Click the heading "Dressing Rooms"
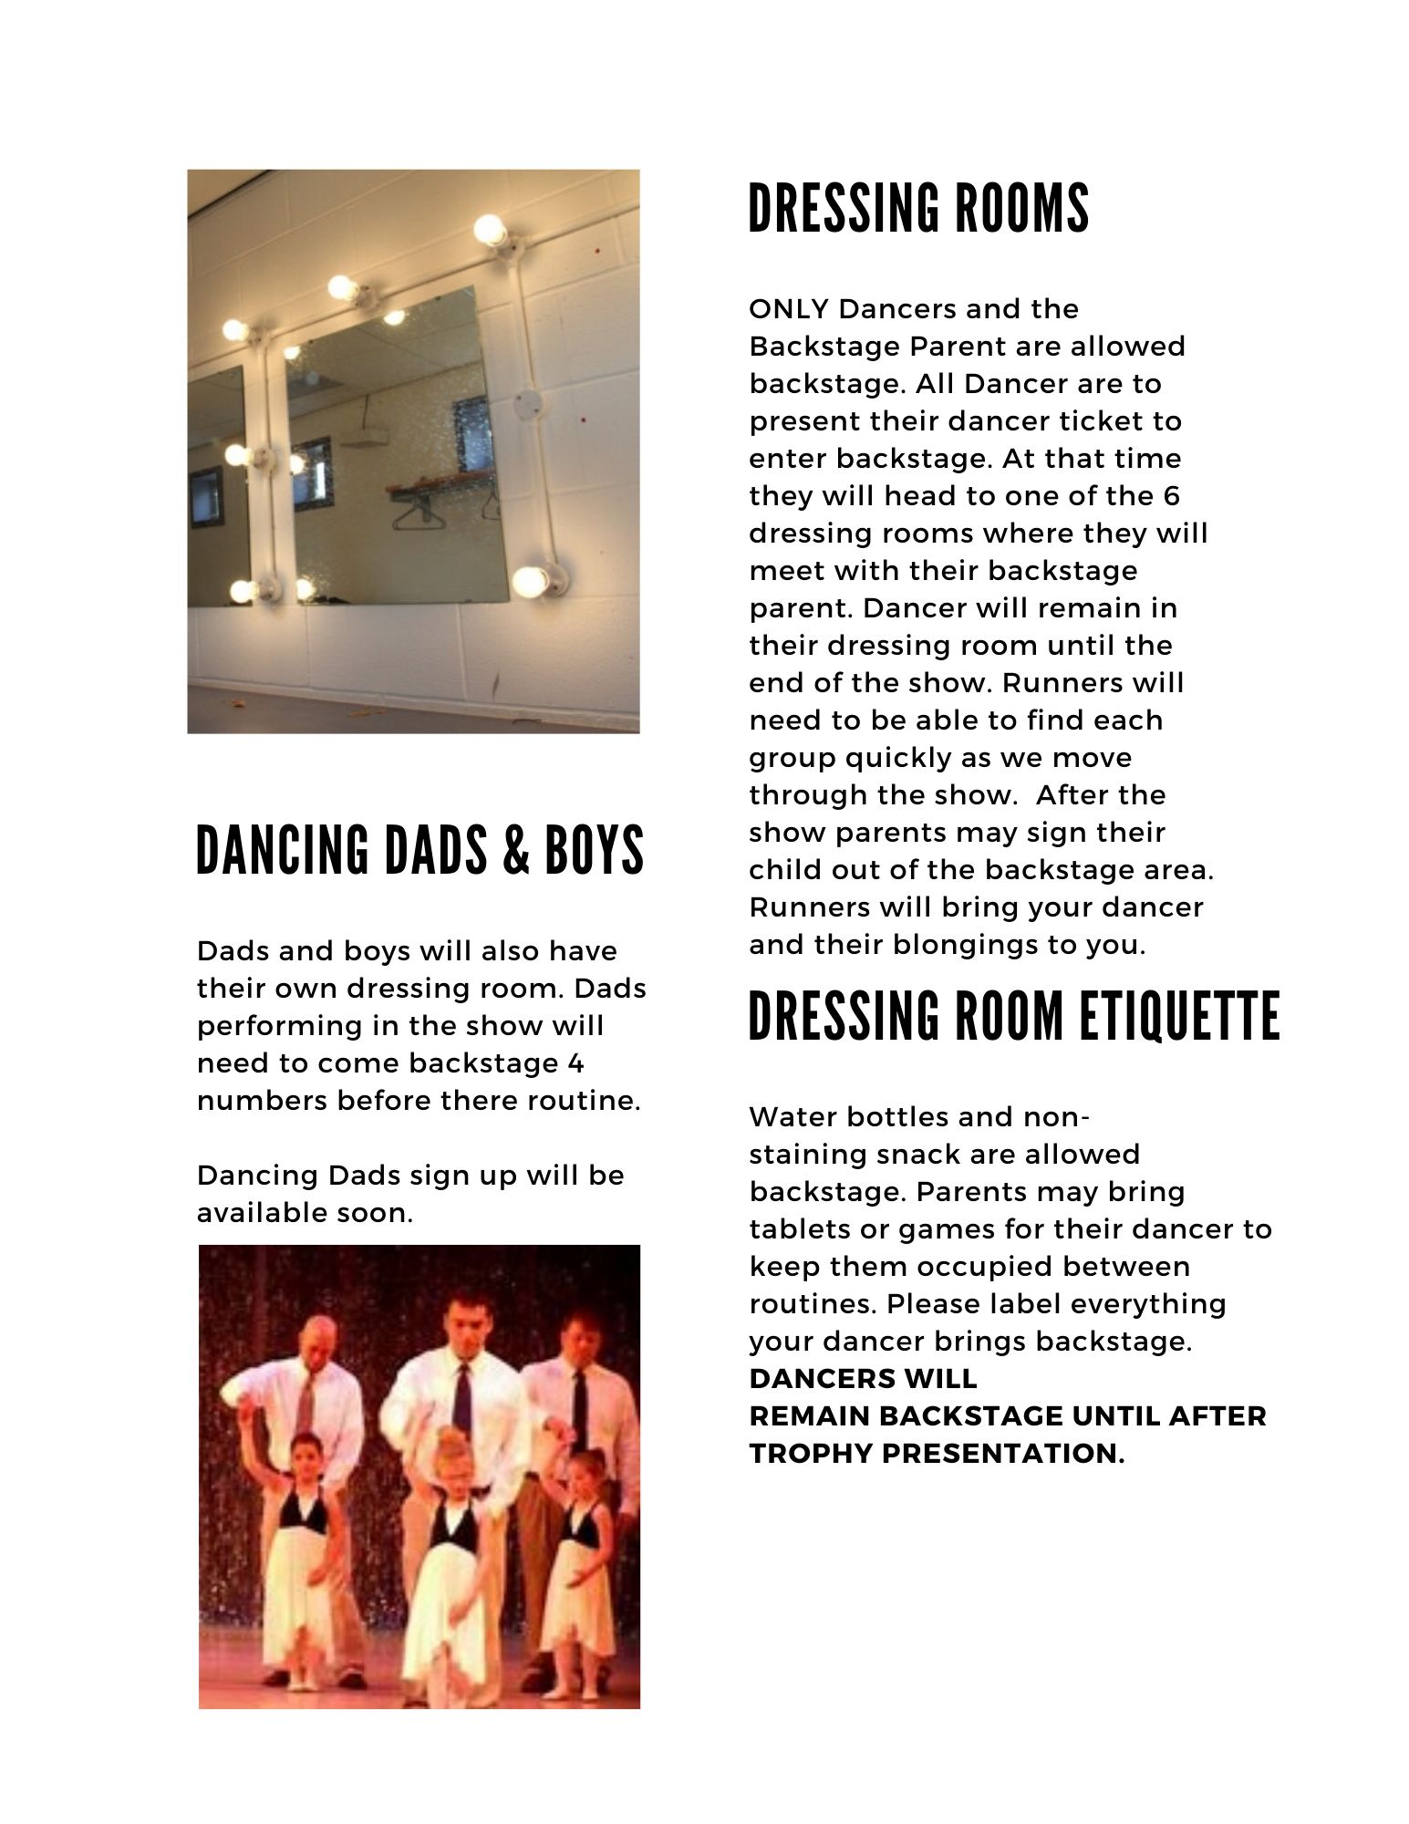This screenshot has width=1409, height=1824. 918,209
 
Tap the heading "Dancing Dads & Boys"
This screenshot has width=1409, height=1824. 420,850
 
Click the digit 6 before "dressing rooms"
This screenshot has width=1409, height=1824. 1172,496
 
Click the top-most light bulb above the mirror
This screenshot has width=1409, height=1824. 490,229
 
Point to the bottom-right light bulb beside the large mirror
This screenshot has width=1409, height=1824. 531,580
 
